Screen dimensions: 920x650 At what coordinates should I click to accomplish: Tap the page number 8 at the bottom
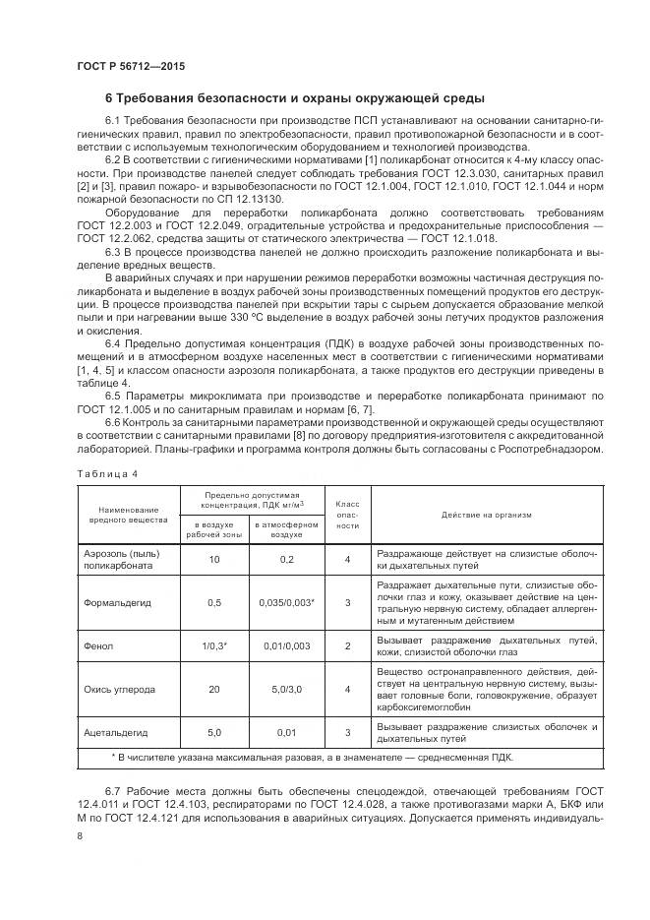click(80, 835)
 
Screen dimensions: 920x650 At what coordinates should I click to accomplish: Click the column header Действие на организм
click(485, 514)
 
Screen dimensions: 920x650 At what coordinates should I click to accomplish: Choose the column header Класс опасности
click(348, 514)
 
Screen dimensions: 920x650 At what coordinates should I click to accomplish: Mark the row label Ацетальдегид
click(116, 733)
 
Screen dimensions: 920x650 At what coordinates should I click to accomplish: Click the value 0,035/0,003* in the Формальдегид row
click(286, 602)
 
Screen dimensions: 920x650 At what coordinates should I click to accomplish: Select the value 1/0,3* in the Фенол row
click(214, 645)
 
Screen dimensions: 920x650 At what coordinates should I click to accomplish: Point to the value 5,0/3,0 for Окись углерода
click(286, 690)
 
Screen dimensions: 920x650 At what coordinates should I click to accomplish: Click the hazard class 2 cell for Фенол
click(348, 645)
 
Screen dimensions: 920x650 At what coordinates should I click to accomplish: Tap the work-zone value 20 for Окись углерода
click(214, 690)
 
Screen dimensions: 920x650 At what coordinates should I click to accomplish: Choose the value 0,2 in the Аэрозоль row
click(286, 559)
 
